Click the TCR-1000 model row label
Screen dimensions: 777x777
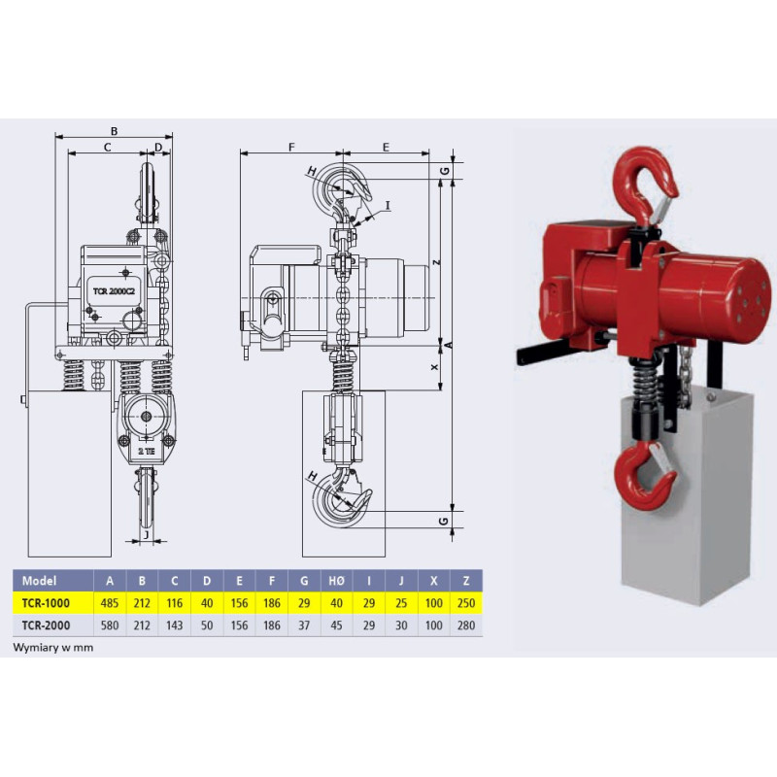point(46,603)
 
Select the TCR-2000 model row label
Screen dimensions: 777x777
point(46,625)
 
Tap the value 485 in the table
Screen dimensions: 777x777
point(110,603)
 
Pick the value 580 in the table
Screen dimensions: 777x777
point(110,625)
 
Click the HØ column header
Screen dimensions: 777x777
point(336,581)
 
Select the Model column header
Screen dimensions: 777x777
point(39,581)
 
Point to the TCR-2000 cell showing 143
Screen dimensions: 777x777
point(175,625)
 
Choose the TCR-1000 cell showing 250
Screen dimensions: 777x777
point(466,603)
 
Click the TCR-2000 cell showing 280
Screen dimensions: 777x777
point(466,625)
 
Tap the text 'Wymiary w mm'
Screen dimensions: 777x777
point(53,647)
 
